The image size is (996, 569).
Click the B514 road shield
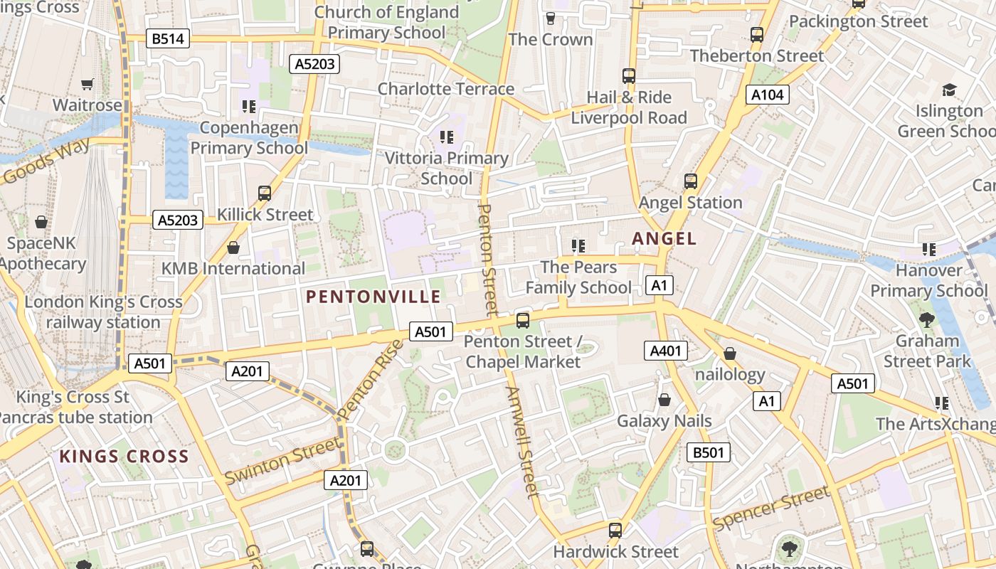(169, 38)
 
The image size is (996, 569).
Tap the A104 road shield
(768, 95)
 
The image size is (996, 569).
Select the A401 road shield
(667, 350)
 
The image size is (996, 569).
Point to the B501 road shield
(709, 452)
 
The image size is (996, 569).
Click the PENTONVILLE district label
(373, 297)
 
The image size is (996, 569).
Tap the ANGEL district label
(664, 239)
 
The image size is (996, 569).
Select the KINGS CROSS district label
(124, 456)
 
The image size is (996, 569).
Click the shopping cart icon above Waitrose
(88, 85)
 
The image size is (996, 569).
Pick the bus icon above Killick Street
(265, 193)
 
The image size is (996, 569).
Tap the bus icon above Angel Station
(690, 181)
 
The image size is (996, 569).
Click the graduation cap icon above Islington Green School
(949, 90)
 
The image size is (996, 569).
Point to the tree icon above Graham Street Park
(926, 319)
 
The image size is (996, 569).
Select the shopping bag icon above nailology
(729, 353)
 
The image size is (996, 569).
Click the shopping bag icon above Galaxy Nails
(664, 400)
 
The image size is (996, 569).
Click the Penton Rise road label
(371, 380)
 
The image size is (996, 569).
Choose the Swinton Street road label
(282, 461)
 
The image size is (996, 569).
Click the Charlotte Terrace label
(445, 89)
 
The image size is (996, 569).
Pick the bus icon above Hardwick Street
(615, 530)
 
